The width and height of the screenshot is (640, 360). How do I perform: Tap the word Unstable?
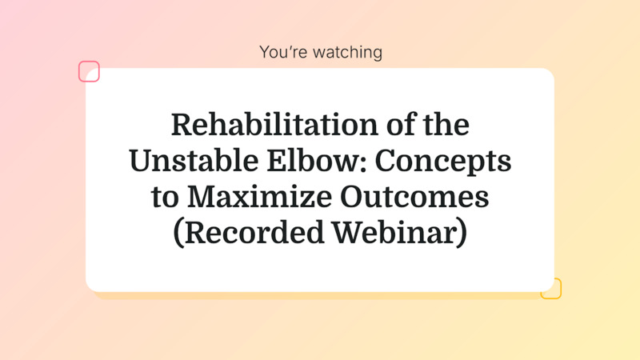click(182, 161)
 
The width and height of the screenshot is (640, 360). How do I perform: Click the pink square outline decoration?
click(89, 71)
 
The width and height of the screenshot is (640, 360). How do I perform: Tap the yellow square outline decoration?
click(551, 289)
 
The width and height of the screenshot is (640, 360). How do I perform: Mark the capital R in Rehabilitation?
click(181, 126)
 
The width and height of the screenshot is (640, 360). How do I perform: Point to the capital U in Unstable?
click(142, 161)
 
